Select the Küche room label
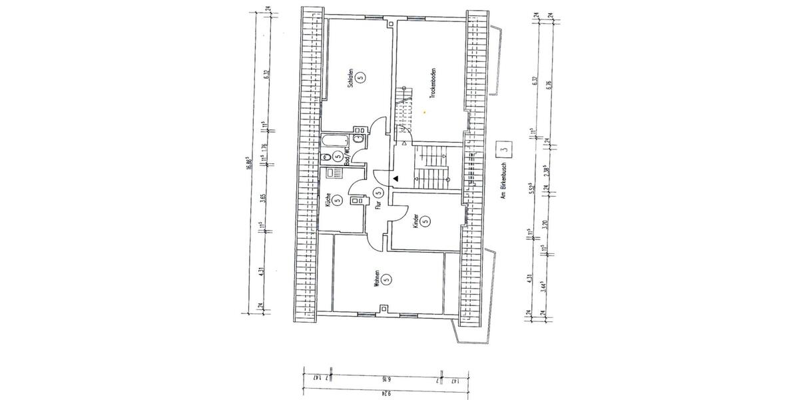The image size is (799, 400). (328, 200)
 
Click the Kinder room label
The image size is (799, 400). (415, 221)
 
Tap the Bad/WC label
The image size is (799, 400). (347, 157)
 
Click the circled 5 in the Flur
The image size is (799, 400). (378, 193)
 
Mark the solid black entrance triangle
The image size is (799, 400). (396, 179)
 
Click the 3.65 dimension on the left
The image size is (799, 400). (264, 198)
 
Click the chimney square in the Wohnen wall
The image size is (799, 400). (384, 308)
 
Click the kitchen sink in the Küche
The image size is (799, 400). (330, 173)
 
